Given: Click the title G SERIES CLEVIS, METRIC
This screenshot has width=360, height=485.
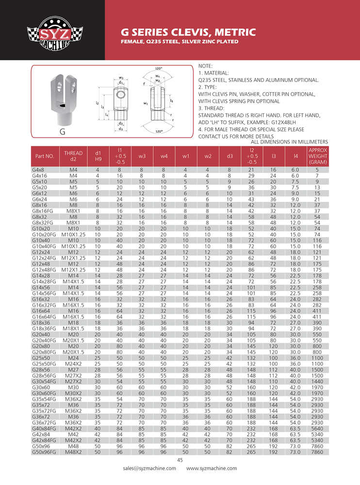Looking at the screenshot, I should coord(188,32).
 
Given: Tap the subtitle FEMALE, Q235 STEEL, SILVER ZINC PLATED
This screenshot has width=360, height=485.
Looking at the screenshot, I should coord(179,42).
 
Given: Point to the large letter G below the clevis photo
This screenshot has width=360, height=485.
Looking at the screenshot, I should coord(63,131).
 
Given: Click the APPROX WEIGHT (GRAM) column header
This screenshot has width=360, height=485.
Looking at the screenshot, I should coord(318,156).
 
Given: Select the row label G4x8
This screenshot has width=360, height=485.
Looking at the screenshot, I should coord(38,170).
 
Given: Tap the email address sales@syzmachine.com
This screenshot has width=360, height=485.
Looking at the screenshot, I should coord(149,468).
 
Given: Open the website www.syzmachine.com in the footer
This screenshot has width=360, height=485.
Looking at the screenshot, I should coord(212,468).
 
